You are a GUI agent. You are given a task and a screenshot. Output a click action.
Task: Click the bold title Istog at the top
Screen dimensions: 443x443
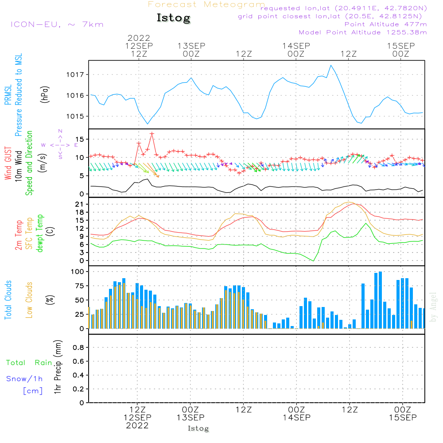(x=173, y=18)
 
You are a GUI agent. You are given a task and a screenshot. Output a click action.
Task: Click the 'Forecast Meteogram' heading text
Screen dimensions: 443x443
(x=206, y=4)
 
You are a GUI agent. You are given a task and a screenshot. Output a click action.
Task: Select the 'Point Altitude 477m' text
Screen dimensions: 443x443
(x=385, y=24)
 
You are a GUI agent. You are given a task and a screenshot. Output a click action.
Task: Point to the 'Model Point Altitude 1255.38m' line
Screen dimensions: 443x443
(x=363, y=32)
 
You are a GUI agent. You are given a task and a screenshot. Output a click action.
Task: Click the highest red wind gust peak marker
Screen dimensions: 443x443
(x=152, y=133)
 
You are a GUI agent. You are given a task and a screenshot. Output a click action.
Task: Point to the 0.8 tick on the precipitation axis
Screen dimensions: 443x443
(x=78, y=348)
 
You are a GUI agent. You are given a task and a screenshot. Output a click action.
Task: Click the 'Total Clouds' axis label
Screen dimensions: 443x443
(x=8, y=300)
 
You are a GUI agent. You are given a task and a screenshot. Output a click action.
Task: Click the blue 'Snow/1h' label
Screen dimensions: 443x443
(x=24, y=379)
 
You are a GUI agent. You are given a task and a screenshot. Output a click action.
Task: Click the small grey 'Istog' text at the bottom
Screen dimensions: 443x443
(x=198, y=428)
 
